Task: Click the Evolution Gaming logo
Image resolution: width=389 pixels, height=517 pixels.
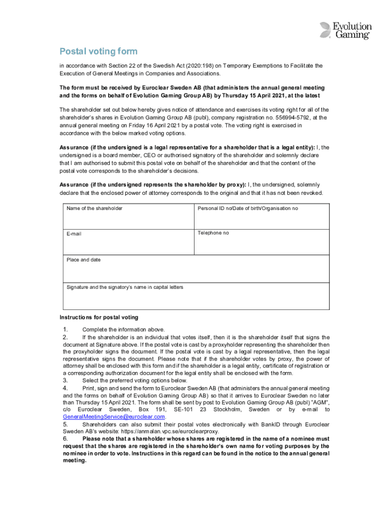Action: [x=346, y=30]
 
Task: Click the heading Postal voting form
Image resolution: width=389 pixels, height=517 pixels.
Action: [x=99, y=51]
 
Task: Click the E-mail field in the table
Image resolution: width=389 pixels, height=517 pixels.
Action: [x=128, y=241]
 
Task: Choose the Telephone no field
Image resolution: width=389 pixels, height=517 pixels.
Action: [x=259, y=241]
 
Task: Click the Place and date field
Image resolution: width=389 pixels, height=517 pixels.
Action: [x=195, y=268]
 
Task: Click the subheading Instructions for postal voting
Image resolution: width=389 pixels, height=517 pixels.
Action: [x=99, y=318]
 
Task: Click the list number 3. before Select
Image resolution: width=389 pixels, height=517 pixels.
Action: [x=66, y=381]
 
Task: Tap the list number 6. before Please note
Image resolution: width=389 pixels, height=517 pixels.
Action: [x=66, y=439]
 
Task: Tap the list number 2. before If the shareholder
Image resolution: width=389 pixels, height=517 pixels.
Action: [x=66, y=337]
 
